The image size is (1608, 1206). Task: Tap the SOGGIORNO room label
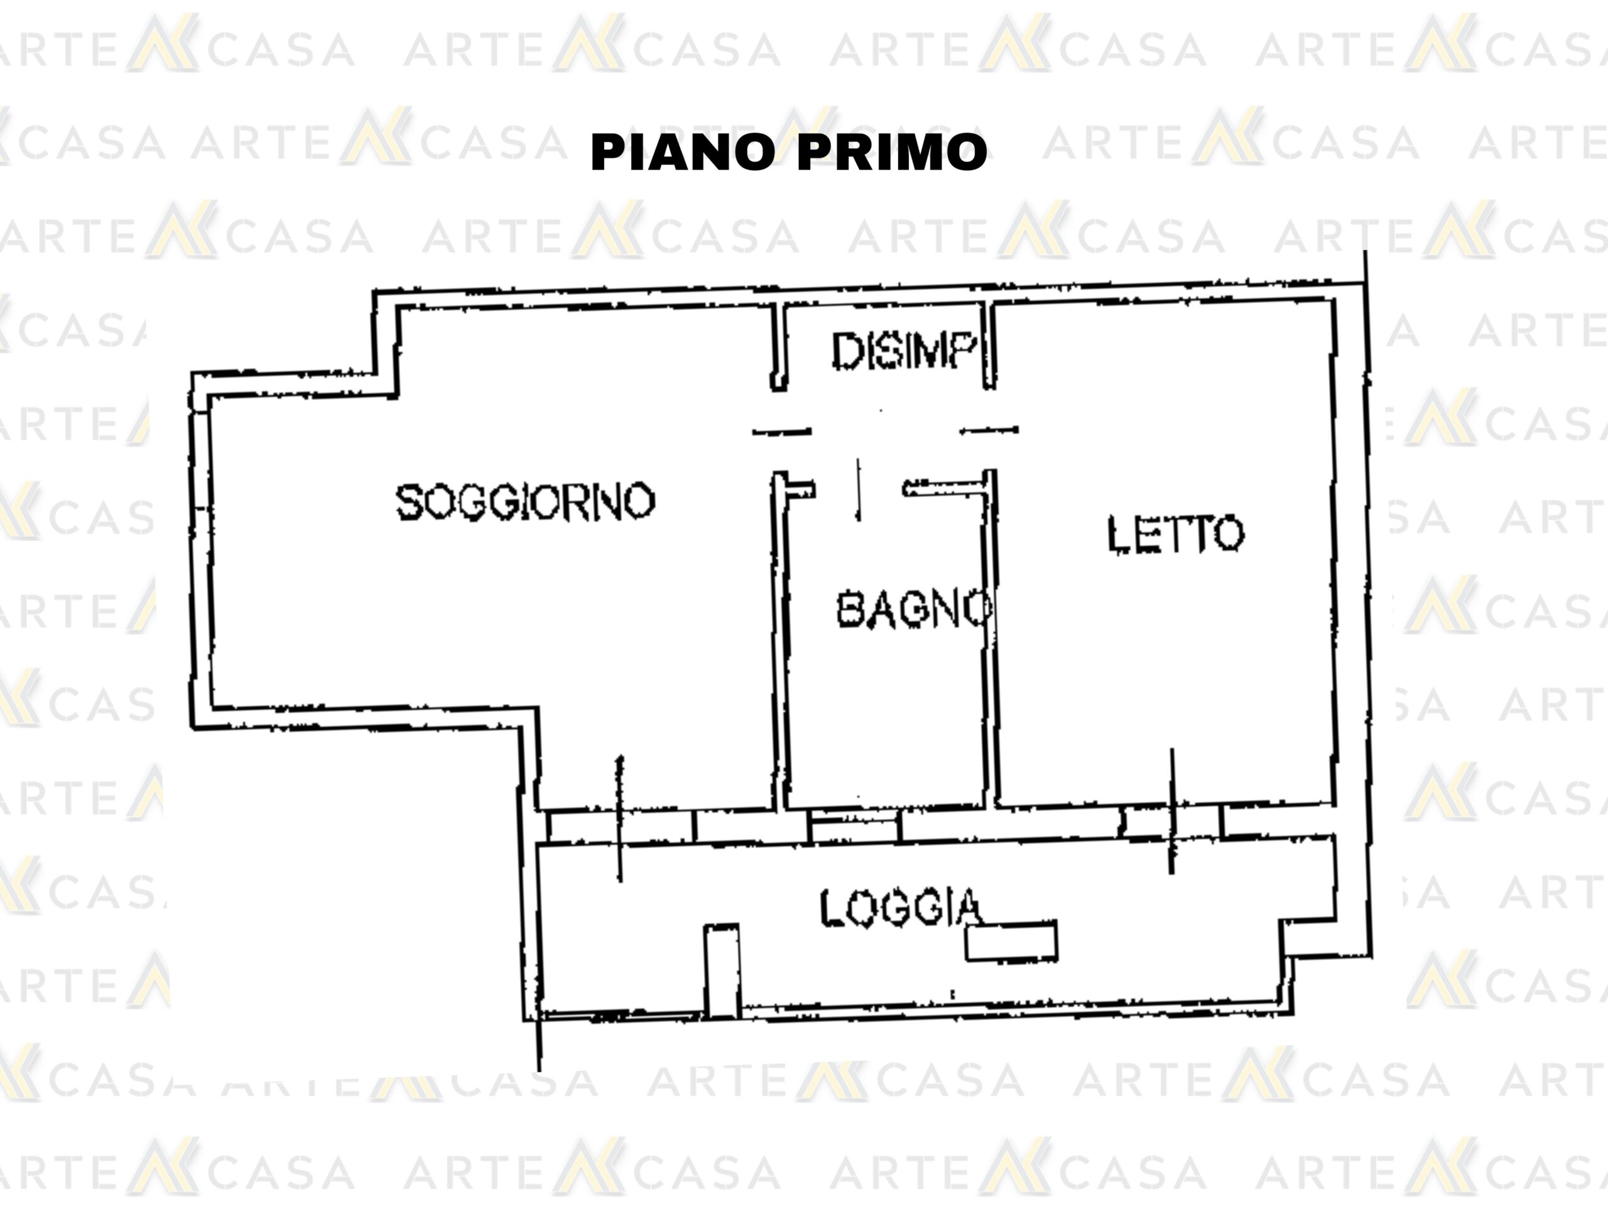[525, 502]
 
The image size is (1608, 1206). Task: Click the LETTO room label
[1175, 535]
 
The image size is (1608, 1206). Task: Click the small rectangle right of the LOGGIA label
[1011, 942]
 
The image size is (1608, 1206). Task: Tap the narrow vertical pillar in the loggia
[722, 970]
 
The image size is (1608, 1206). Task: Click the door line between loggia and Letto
[1171, 810]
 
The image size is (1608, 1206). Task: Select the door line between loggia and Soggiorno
[619, 818]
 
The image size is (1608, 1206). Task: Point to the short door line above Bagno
[859, 489]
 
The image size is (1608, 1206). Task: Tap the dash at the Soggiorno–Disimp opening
[781, 432]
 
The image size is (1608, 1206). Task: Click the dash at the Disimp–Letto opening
[989, 430]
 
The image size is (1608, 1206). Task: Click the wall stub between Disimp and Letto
[989, 345]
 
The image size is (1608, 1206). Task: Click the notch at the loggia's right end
[1308, 938]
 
